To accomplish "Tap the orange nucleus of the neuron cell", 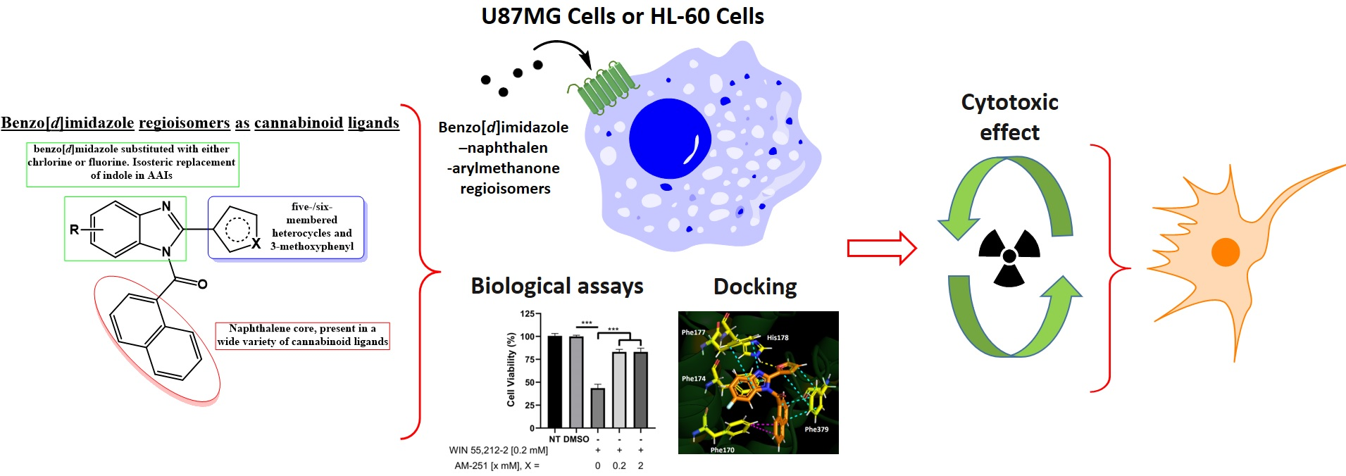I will [1225, 252].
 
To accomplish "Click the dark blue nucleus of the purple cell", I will [670, 139].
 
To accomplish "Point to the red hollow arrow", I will [881, 248].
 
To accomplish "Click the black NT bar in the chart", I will [554, 382].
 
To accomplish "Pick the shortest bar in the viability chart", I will [597, 408].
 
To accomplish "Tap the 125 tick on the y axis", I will [527, 314].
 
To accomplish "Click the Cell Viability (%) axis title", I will [511, 370].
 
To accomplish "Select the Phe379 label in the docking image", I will [816, 429].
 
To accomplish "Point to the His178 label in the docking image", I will [778, 337].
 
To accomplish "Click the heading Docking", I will [755, 287].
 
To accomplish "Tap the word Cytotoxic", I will [1009, 102].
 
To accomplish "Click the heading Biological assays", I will [556, 286].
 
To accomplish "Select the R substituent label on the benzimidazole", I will [74, 230].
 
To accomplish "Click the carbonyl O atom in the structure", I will [203, 284].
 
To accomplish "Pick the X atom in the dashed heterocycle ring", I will [256, 243].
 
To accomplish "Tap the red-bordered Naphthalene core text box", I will [302, 335].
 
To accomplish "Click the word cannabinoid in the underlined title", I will [299, 123].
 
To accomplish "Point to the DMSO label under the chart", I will [576, 439].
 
